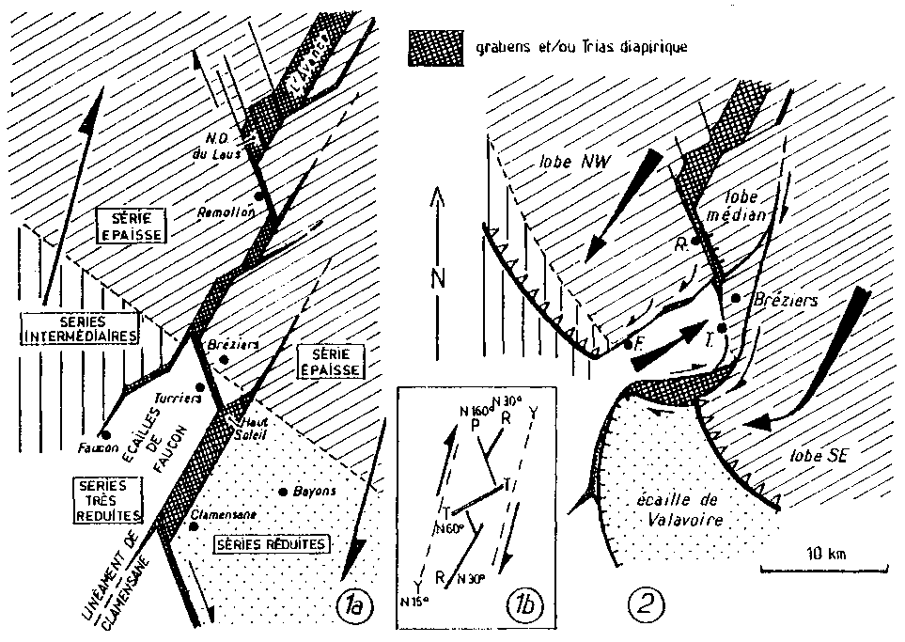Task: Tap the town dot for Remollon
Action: pyautogui.click(x=257, y=195)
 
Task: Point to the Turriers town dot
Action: pyautogui.click(x=200, y=386)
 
